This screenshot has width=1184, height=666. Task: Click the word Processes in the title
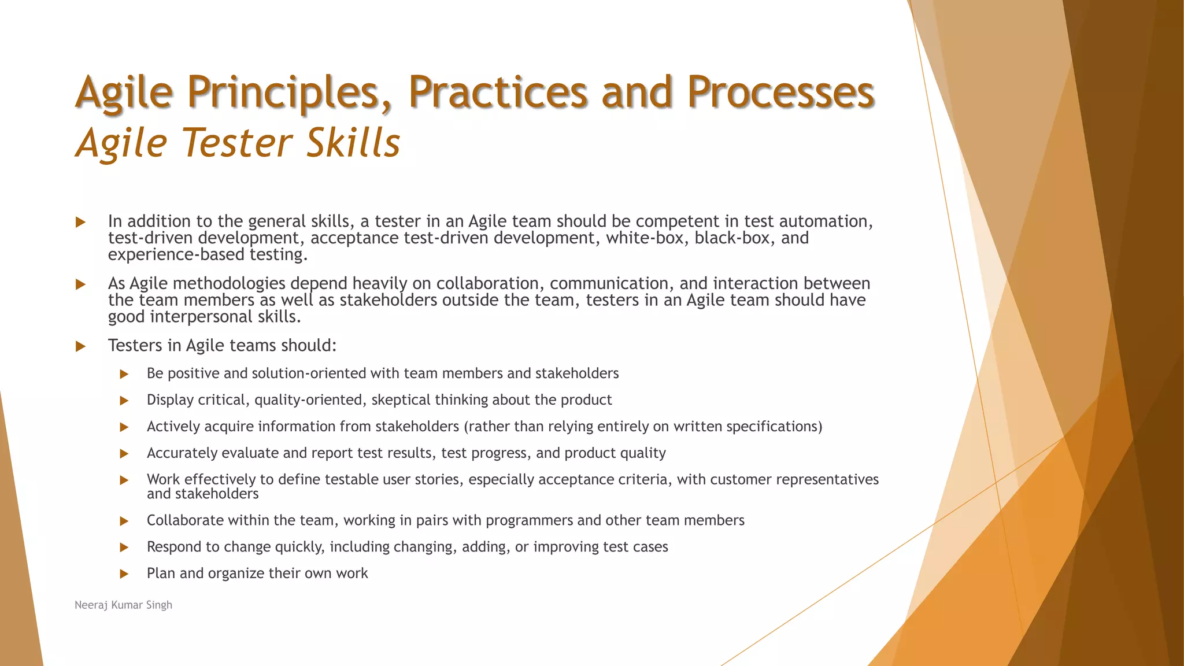coord(780,92)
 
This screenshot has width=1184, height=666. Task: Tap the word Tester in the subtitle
coord(238,143)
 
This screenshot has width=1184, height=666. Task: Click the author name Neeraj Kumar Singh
coord(123,605)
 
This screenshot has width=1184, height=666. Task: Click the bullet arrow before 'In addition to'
coord(81,222)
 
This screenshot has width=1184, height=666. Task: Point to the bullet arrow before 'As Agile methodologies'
coord(81,284)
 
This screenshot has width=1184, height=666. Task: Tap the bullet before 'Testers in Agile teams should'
coord(81,346)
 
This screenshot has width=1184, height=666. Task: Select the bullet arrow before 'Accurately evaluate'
coord(124,454)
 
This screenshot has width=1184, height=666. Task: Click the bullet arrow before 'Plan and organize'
coord(124,574)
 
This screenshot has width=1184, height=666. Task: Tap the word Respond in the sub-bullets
coord(172,547)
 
